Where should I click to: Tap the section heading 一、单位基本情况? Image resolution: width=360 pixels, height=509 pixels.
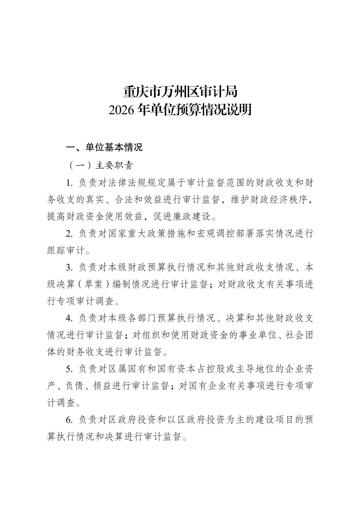104,147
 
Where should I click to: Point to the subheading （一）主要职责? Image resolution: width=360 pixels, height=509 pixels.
100,165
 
